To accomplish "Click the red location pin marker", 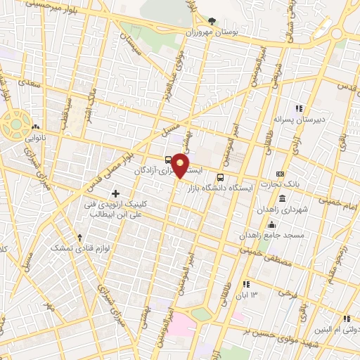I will pos(181,165).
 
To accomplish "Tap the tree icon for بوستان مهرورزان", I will pos(213,22).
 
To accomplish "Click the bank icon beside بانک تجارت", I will pos(281,174).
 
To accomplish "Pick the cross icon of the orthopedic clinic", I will pos(115,193).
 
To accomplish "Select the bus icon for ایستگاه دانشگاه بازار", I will pos(221,177).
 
